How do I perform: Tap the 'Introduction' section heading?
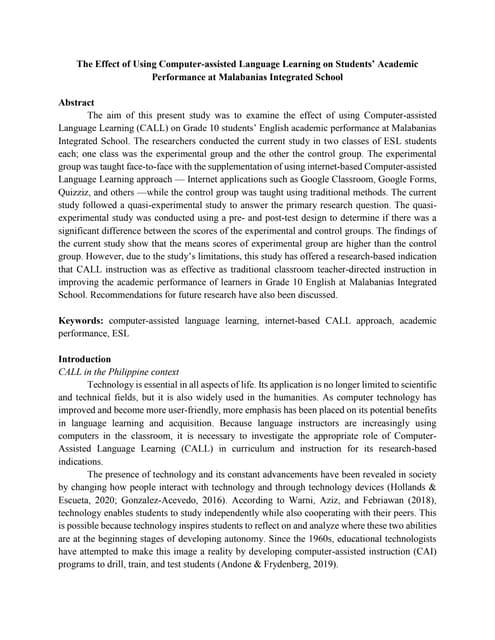click(88, 358)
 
